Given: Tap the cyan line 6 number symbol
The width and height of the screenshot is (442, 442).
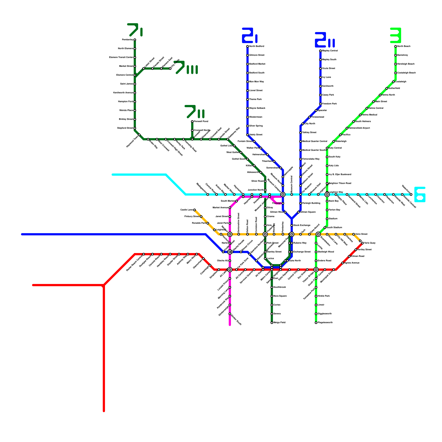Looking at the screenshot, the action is pyautogui.click(x=420, y=194).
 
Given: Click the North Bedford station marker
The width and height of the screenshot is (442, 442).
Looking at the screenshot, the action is pyautogui.click(x=248, y=46).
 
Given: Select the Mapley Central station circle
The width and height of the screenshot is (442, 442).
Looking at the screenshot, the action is pyautogui.click(x=320, y=51).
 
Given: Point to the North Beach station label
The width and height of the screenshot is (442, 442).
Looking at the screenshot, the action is pyautogui.click(x=404, y=46).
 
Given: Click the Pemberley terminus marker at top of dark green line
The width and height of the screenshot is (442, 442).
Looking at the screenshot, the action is pyautogui.click(x=135, y=40).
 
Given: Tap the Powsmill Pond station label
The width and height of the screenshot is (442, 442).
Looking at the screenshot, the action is pyautogui.click(x=201, y=122).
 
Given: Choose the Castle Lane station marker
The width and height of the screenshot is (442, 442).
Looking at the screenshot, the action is pyautogui.click(x=194, y=210).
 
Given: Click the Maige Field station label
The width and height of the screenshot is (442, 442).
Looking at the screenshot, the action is pyautogui.click(x=279, y=323).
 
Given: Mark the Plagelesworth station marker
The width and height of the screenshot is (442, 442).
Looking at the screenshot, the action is pyautogui.click(x=316, y=323).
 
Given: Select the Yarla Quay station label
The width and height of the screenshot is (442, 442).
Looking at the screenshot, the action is pyautogui.click(x=370, y=243).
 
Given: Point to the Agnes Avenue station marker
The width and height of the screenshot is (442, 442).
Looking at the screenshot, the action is pyautogui.click(x=343, y=263).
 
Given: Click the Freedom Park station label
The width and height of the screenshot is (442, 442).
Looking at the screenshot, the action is pyautogui.click(x=329, y=104).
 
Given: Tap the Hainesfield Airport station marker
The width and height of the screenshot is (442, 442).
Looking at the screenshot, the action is pyautogui.click(x=347, y=128).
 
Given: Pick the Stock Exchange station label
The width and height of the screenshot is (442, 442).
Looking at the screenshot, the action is pyautogui.click(x=302, y=225).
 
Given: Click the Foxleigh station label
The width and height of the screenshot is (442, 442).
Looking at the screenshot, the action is pyautogui.click(x=277, y=203).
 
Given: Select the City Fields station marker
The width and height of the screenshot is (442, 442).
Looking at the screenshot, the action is pyautogui.click(x=170, y=69).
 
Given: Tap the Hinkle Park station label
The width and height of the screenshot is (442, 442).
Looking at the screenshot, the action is pyautogui.click(x=323, y=296).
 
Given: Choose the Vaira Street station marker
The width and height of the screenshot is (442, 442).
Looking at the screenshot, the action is pyautogui.click(x=354, y=234).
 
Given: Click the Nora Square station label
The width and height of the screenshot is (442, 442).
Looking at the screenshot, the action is pyautogui.click(x=280, y=296).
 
